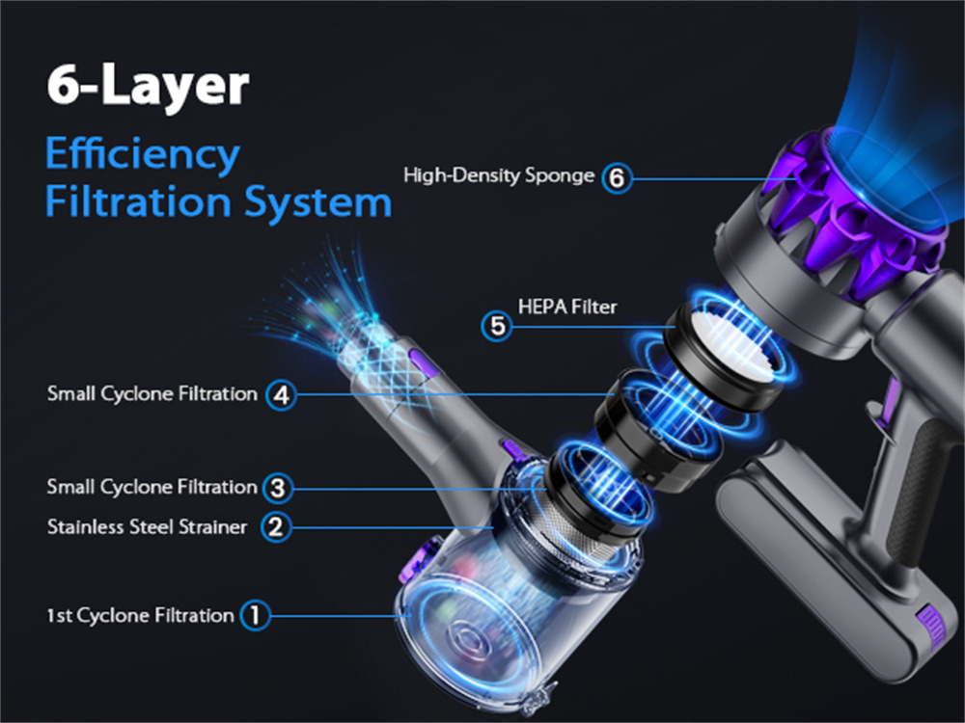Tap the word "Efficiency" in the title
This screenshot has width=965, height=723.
[142, 155]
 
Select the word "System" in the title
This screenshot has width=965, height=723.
[317, 201]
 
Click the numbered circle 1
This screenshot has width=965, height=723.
[256, 615]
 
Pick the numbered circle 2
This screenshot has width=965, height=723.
[276, 526]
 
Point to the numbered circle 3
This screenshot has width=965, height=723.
[278, 488]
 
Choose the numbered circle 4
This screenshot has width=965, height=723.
[281, 394]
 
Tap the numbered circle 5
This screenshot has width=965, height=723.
[497, 326]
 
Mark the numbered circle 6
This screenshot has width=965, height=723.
[617, 178]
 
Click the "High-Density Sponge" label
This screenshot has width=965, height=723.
[499, 175]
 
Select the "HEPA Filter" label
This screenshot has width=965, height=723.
[566, 307]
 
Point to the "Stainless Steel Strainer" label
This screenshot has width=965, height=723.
[147, 527]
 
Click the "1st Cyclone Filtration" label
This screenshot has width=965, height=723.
[140, 615]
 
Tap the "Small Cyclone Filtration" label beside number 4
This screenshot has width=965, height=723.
[152, 393]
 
